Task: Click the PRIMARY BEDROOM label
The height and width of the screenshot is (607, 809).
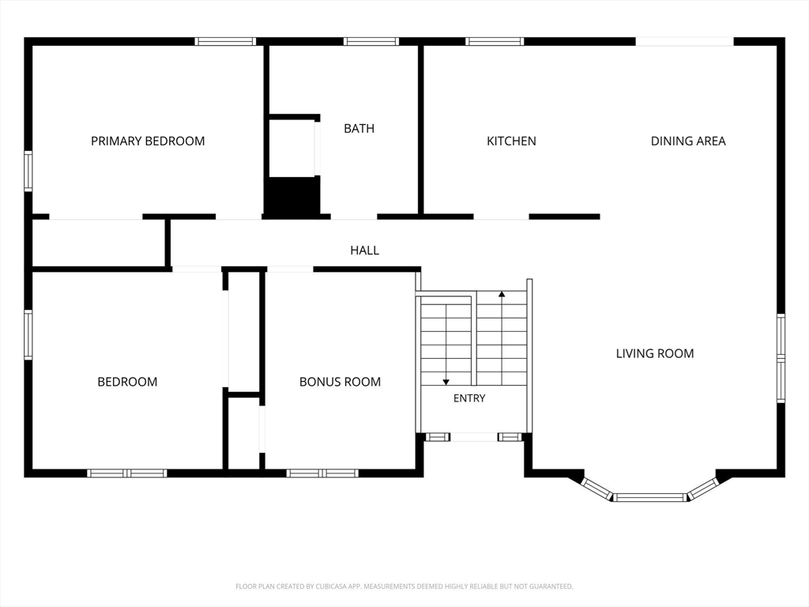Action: [148, 141]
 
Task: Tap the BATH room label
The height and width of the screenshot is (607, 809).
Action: [359, 128]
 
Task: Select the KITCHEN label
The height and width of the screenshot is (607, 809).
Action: [511, 141]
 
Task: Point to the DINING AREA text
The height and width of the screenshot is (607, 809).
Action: [688, 141]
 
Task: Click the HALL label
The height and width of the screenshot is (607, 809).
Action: [365, 251]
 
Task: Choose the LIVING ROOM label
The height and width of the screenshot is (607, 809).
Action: [655, 353]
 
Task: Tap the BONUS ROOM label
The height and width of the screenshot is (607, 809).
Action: [340, 382]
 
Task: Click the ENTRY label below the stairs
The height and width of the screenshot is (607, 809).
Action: [469, 398]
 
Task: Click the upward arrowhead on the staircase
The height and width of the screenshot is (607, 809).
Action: [502, 294]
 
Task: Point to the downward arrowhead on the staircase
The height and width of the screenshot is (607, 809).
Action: [446, 382]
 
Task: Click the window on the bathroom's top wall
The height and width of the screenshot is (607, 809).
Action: [371, 41]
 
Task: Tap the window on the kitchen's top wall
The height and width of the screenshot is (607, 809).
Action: [495, 41]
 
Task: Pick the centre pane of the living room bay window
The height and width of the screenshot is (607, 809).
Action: [650, 498]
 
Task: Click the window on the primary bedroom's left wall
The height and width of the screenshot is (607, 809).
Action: [28, 172]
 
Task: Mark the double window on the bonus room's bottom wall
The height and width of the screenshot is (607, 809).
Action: [322, 473]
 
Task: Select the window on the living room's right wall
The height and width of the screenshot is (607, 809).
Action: [781, 358]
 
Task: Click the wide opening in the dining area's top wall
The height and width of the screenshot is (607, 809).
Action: [685, 41]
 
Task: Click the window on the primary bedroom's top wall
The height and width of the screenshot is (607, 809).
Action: [225, 41]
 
